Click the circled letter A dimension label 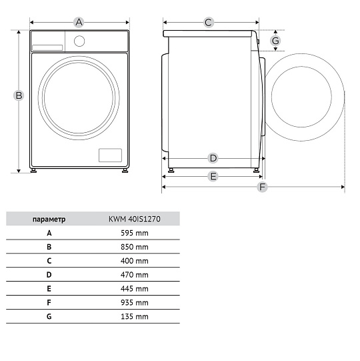pyautogui.click(x=79, y=22)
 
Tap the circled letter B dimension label pyautogui.click(x=19, y=95)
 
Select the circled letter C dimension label pyautogui.click(x=209, y=23)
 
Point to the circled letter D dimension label pyautogui.click(x=213, y=158)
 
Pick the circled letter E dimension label pyautogui.click(x=213, y=176)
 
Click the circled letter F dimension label pyautogui.click(x=262, y=187)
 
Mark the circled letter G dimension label pyautogui.click(x=275, y=41)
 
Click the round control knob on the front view pyautogui.click(x=79, y=41)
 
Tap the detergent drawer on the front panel pyautogui.click(x=47, y=47)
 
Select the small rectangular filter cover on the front pyautogui.click(x=110, y=155)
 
